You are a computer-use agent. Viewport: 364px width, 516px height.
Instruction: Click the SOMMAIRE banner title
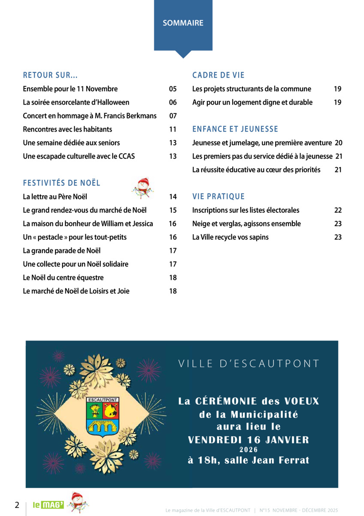183,23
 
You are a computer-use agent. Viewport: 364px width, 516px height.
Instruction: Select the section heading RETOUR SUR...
50,75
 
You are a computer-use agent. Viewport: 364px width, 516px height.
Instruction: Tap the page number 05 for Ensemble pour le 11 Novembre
173,89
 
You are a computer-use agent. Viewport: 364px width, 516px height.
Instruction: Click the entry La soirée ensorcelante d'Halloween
76,102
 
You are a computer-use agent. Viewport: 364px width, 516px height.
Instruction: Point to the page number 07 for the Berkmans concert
173,116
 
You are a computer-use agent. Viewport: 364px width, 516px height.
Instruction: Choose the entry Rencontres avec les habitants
67,129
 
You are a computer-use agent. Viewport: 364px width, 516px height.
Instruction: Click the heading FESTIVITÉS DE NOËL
61,183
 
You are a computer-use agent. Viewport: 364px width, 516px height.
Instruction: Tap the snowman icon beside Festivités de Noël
142,187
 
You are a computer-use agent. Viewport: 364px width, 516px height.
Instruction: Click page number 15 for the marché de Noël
173,210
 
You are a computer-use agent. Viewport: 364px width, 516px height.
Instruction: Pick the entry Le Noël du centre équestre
63,277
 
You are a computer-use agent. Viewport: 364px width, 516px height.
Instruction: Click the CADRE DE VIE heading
218,75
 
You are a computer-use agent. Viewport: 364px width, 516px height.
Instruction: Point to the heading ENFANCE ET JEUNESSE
235,129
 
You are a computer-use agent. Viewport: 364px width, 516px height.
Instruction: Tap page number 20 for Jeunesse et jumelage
338,143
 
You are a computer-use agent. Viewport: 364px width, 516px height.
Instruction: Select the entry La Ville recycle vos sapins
231,237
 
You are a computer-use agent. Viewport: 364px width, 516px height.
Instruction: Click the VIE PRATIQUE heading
218,197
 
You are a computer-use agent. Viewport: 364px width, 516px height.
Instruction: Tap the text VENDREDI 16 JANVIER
249,439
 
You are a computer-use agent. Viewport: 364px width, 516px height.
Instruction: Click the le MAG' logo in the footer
49,505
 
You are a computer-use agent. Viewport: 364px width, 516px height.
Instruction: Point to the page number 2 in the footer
17,505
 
